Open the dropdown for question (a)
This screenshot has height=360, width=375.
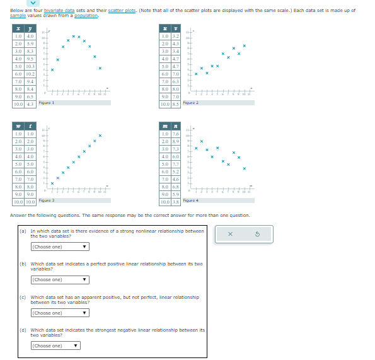point(60,247)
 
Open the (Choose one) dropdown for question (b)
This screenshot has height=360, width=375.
point(60,279)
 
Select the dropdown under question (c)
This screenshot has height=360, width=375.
point(60,313)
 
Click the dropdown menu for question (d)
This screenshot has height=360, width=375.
point(55,345)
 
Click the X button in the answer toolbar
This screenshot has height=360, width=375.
point(230,234)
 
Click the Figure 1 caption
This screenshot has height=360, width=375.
point(47,102)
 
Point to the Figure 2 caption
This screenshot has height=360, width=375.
point(190,102)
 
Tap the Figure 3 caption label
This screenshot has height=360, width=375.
point(47,199)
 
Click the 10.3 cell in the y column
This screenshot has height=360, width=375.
point(30,66)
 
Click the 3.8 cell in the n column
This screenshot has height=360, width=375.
point(176,202)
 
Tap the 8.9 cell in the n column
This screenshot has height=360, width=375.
point(176,141)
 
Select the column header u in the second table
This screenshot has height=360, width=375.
point(164,29)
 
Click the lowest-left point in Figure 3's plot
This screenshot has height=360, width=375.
point(52,183)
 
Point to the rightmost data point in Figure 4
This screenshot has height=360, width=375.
point(244,168)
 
